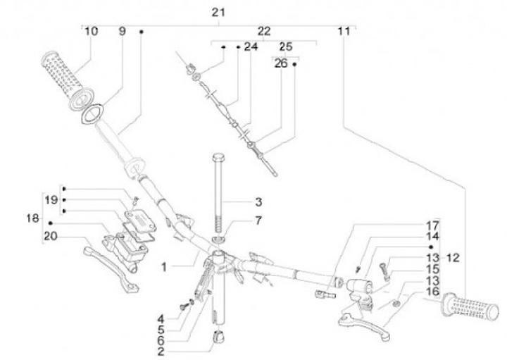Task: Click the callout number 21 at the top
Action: (218, 13)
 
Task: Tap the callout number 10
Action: (91, 32)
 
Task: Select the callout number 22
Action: (264, 32)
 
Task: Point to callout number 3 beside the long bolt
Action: (258, 202)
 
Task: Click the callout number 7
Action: (258, 221)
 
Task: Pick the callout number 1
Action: (165, 267)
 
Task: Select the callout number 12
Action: (453, 258)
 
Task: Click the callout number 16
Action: (433, 292)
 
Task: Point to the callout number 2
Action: (161, 352)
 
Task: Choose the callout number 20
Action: (51, 236)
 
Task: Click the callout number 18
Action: (32, 218)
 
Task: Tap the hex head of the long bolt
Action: (219, 159)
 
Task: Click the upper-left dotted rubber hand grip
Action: (67, 82)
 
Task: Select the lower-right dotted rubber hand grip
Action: (470, 306)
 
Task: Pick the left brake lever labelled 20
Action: (111, 269)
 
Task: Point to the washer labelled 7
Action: (218, 240)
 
